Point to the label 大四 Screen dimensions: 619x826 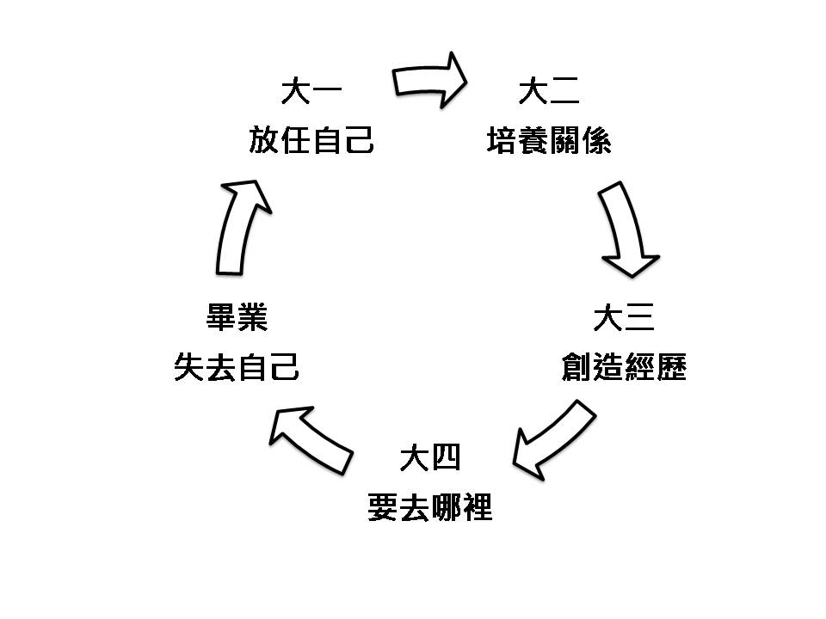[x=430, y=458]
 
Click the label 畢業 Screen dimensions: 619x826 [x=237, y=319]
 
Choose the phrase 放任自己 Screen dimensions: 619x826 [x=311, y=139]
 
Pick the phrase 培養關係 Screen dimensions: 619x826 [x=549, y=139]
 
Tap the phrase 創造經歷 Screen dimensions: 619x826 [x=623, y=368]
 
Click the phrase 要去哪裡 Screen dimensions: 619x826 [x=429, y=507]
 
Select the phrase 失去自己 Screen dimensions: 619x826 [x=237, y=368]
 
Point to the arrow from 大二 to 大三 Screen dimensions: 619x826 [x=629, y=228]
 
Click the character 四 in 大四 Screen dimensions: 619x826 [x=447, y=458]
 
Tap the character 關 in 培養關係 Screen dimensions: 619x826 [x=564, y=139]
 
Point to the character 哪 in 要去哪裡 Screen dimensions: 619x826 [x=445, y=507]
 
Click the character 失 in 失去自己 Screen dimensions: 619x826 [x=189, y=368]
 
